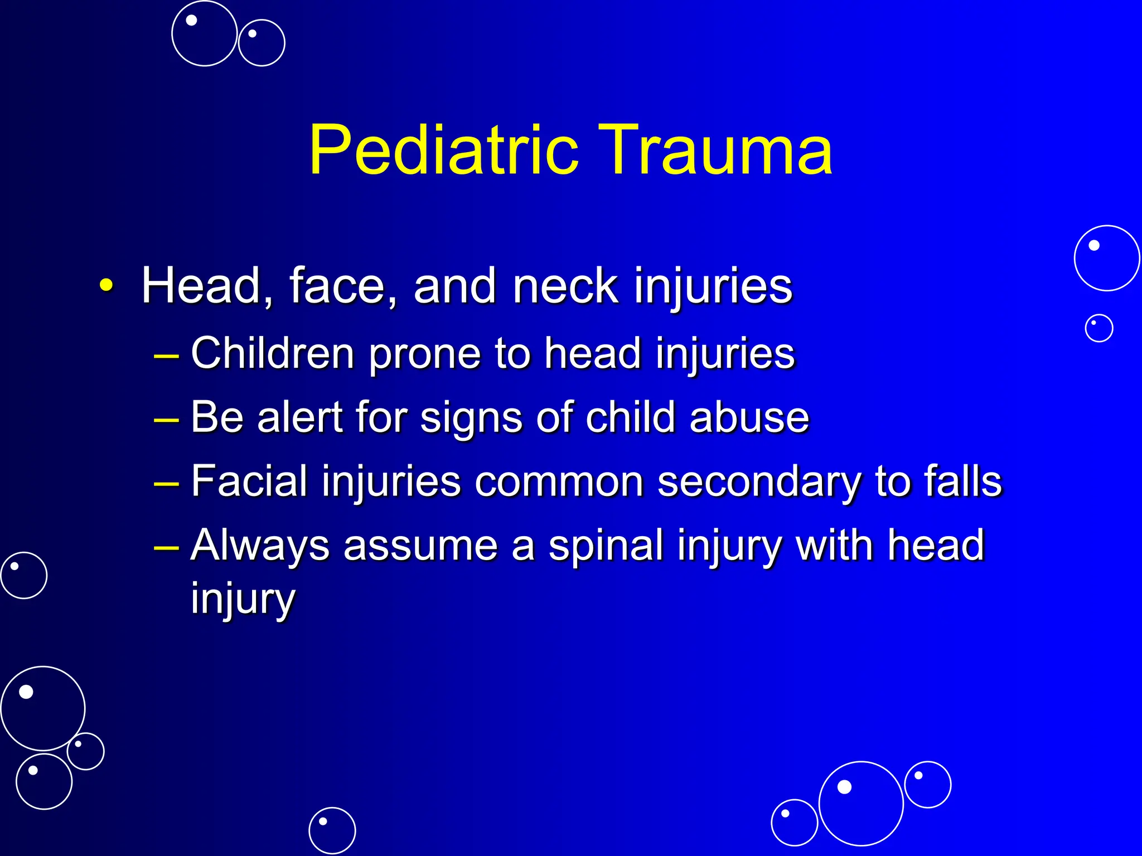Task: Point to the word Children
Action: click(x=273, y=353)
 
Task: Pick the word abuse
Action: click(x=749, y=417)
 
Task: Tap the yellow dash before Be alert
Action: click(x=166, y=418)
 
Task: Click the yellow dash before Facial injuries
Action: click(x=166, y=482)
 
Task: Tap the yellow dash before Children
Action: click(x=166, y=354)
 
